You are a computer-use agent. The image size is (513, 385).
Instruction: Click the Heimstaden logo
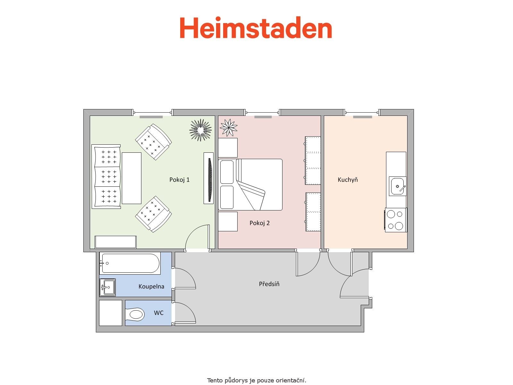(256, 27)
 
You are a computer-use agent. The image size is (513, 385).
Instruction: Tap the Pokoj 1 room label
(179, 180)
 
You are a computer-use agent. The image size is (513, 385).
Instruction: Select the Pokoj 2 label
(259, 223)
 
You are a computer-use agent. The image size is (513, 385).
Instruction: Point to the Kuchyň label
(348, 180)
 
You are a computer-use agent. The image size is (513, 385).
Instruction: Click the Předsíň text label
(269, 284)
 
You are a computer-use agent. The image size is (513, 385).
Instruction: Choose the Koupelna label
(151, 287)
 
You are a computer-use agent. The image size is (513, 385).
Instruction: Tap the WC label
(159, 313)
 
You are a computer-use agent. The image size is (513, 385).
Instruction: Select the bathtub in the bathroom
(130, 263)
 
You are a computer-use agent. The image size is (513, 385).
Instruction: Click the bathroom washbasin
(107, 287)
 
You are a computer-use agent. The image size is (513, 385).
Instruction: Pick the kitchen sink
(398, 186)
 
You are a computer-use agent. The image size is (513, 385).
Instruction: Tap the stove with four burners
(396, 220)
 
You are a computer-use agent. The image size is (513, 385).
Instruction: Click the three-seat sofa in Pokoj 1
(106, 176)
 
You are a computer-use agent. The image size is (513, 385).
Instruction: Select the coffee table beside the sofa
(131, 178)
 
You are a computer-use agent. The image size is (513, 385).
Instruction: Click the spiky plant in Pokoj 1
(200, 130)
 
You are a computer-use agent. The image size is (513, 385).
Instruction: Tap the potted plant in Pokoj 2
(229, 128)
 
